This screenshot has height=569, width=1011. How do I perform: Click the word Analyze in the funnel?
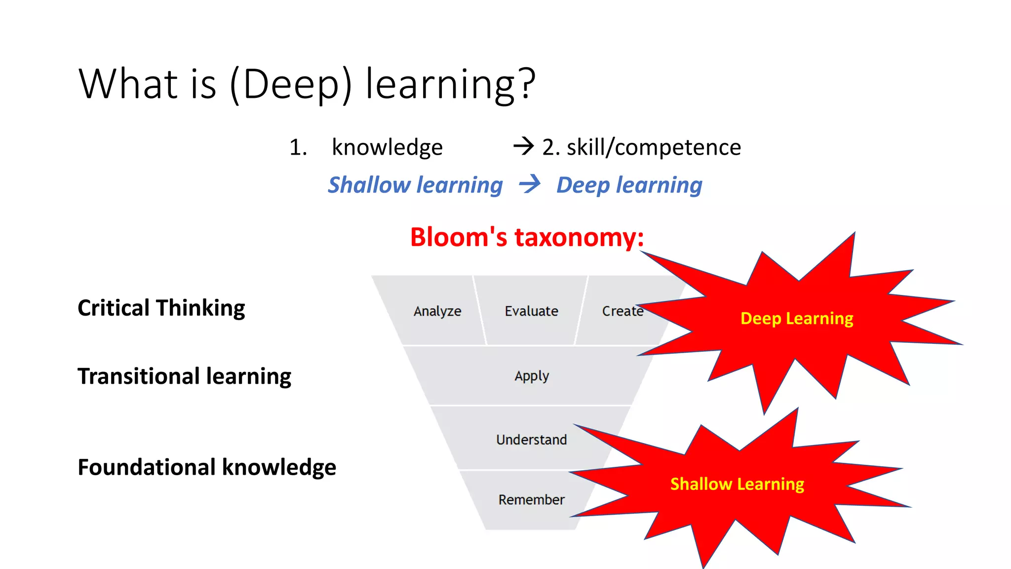pos(437,311)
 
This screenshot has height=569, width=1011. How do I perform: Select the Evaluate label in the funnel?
pos(531,311)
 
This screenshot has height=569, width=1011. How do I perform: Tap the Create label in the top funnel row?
pos(622,311)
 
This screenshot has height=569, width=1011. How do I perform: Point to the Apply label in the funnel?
pos(532,376)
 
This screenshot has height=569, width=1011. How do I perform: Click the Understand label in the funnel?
pos(531,440)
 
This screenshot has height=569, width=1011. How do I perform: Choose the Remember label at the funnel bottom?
pos(531,500)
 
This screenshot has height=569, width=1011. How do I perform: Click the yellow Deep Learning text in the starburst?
pos(797,319)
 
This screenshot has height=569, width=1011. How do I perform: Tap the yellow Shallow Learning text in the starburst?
pos(737,484)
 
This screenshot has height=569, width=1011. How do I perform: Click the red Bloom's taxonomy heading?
pos(527,237)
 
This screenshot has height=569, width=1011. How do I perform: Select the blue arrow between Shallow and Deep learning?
pos(530,185)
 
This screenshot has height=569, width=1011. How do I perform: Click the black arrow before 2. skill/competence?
pos(523,146)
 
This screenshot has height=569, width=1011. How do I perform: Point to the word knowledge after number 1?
pos(387,147)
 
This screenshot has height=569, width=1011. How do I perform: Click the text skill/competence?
pos(654,147)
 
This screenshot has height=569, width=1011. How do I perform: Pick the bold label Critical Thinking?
pos(161,308)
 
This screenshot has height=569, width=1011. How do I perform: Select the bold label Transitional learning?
pos(184,376)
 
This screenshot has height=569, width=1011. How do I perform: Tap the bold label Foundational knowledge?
pos(207,467)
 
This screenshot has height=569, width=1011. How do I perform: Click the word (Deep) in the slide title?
pos(291,84)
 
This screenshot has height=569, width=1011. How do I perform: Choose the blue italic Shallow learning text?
pos(415,185)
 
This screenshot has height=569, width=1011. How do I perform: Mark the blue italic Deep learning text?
pos(629,185)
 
